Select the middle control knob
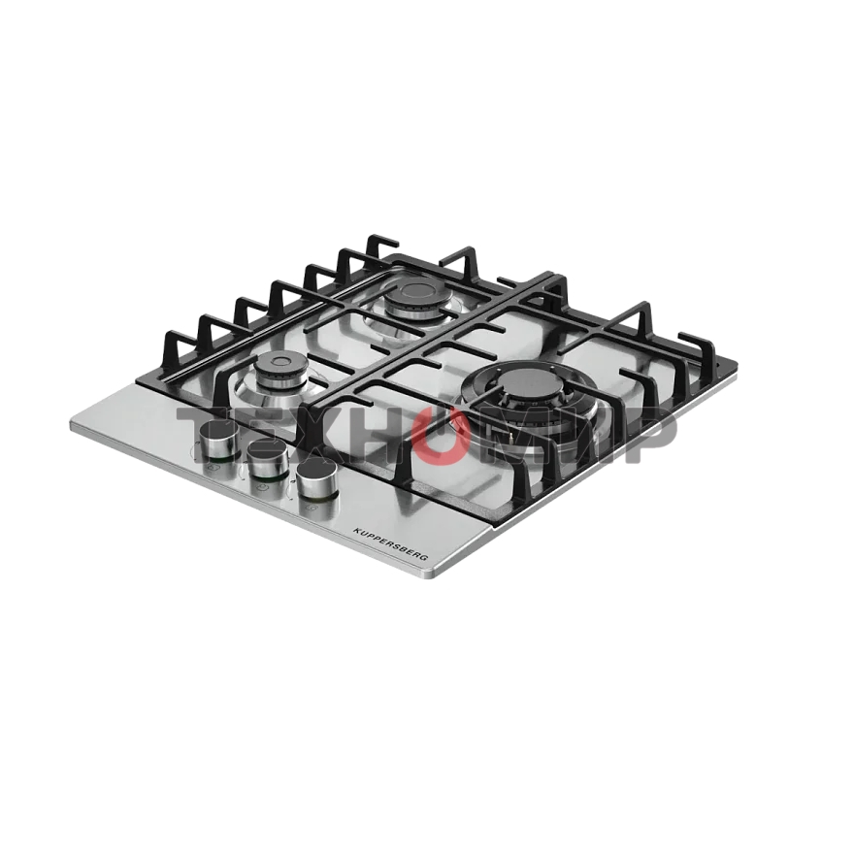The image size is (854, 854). pos(268,457)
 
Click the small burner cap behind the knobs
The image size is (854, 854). pos(282,365)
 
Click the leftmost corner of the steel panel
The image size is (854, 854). pos(72,424)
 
